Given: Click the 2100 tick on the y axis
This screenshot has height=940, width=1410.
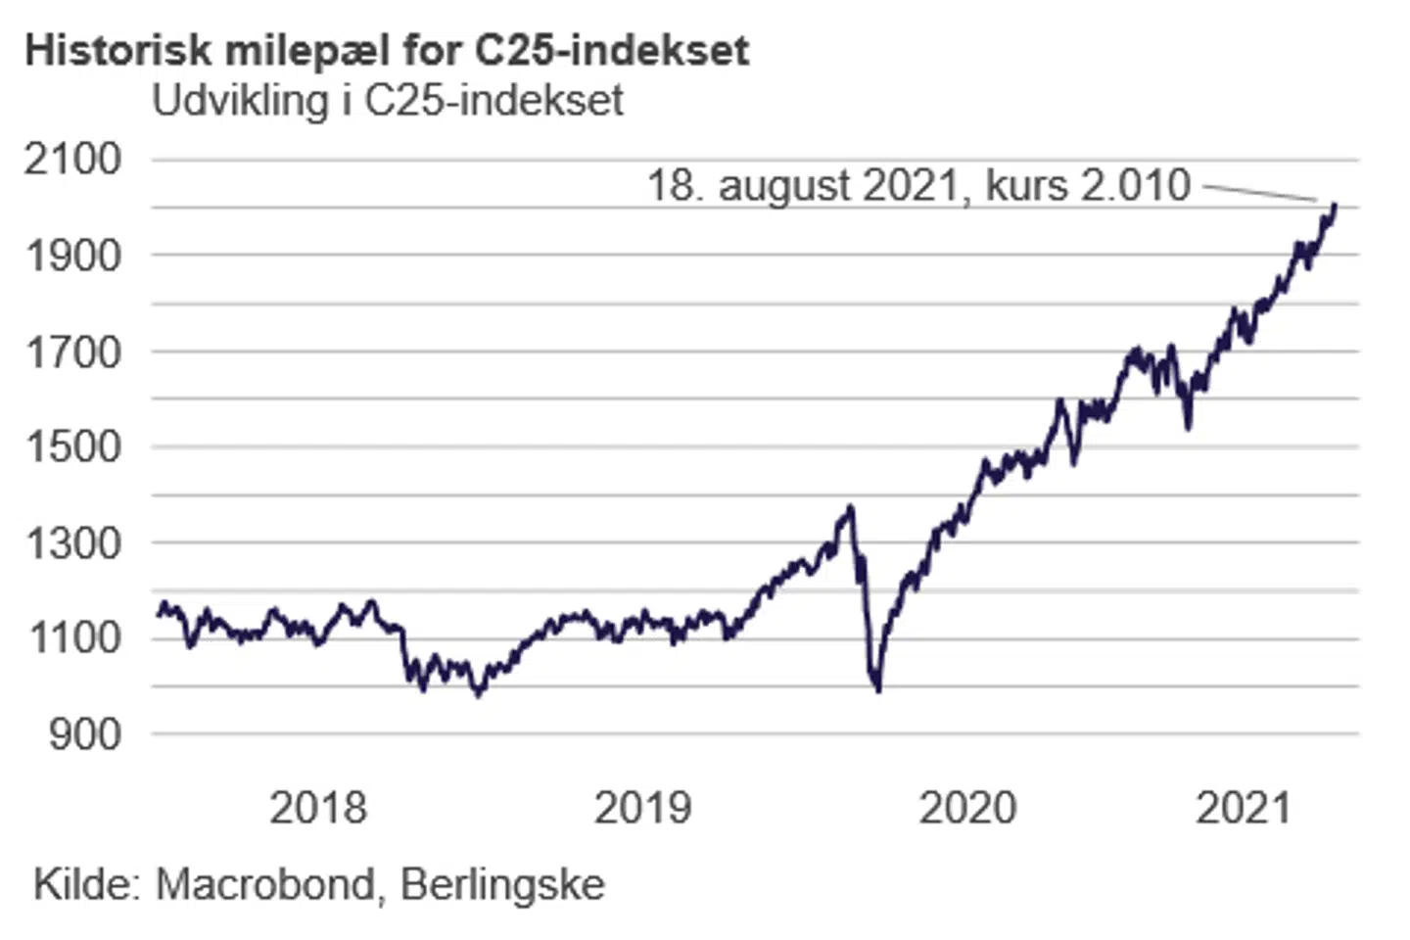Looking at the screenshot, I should [x=73, y=159].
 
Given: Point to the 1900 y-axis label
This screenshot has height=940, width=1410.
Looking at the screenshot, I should [x=73, y=256].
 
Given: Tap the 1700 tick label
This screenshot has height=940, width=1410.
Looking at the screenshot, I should [x=73, y=352].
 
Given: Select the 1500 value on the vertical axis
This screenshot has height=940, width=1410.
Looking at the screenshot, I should [x=73, y=446].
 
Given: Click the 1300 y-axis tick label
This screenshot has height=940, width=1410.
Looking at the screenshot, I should [x=73, y=542].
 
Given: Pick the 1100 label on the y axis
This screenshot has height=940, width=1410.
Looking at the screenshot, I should [x=73, y=638].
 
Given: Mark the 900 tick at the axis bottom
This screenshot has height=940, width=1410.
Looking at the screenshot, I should [x=85, y=733].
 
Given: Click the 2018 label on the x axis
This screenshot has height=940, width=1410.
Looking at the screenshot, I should [x=317, y=808].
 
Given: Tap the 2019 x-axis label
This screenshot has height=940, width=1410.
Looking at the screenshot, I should [x=642, y=808].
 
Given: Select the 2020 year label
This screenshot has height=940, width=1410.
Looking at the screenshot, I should [x=967, y=808].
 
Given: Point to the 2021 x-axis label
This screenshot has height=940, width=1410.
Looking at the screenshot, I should [x=1244, y=808].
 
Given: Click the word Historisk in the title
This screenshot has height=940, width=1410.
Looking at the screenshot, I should [x=117, y=51].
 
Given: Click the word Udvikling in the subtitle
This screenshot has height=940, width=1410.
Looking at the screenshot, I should [x=241, y=101].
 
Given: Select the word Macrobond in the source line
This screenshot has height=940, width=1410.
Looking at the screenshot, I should [x=265, y=884].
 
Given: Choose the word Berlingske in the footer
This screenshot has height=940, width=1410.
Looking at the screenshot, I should [x=502, y=884].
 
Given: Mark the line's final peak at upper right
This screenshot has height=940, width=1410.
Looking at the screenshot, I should [x=1335, y=206].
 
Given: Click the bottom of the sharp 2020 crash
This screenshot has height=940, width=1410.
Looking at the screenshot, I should [x=878, y=689].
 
